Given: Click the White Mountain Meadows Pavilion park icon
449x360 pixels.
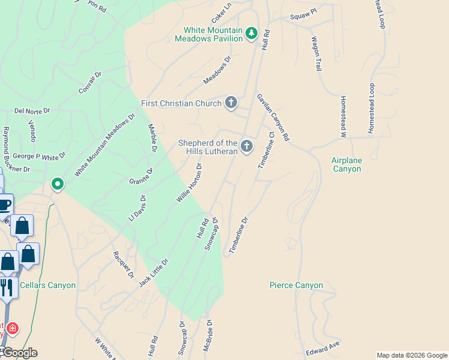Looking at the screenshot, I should (x=252, y=34).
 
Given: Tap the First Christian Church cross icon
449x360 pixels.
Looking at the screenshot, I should (x=231, y=103).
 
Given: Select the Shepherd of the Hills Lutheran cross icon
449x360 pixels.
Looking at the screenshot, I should (x=247, y=146).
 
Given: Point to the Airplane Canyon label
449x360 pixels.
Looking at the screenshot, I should (x=347, y=164).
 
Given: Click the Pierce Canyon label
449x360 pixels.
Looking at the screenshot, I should (x=296, y=286).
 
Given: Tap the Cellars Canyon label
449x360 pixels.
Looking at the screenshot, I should (x=48, y=285).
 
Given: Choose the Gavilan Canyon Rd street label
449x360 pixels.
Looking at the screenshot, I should (x=273, y=117).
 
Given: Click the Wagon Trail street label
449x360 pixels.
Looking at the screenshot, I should (x=316, y=55).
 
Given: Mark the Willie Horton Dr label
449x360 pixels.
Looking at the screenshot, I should (x=188, y=182).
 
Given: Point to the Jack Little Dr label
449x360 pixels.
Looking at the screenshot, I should (x=154, y=272).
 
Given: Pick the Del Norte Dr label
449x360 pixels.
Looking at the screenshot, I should (x=32, y=111).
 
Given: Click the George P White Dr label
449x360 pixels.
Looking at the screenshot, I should (x=39, y=157).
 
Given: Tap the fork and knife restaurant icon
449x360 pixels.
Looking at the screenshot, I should (x=6, y=288).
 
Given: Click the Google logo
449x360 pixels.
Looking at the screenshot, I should (x=19, y=353).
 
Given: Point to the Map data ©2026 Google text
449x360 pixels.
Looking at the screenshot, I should (x=411, y=355).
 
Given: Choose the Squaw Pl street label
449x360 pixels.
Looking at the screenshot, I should (x=303, y=18).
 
